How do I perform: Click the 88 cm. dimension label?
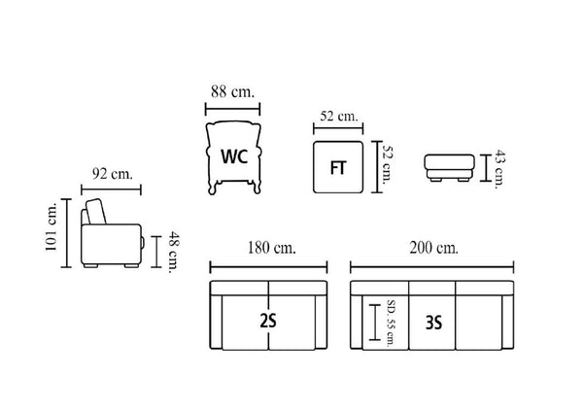pos(233,91)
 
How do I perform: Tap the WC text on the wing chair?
pos(234,156)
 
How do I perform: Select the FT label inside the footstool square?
pos(338,168)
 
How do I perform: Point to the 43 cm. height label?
pos(499,169)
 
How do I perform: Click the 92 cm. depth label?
pos(113,174)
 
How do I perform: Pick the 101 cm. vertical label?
pos(51,226)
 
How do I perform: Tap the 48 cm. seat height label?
pos(173,252)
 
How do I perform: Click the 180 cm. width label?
pos(272,248)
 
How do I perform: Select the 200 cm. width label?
pos(434,248)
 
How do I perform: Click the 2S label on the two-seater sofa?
pos(268,321)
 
